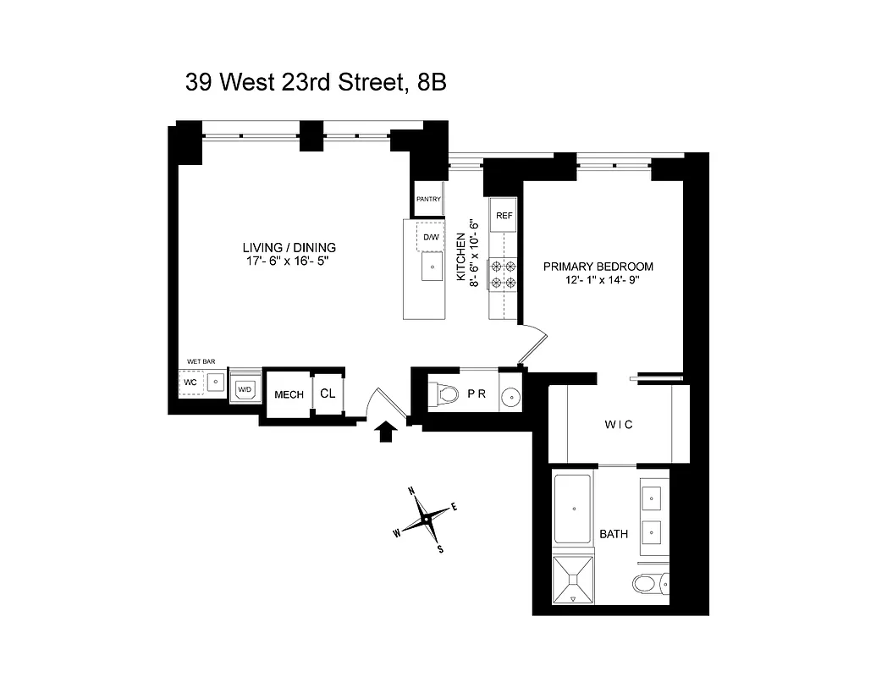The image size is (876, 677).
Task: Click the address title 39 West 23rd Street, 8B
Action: (316, 82)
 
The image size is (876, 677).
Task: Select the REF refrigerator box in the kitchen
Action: (504, 216)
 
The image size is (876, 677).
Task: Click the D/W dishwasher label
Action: (432, 236)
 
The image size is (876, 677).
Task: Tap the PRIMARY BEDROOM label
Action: (598, 266)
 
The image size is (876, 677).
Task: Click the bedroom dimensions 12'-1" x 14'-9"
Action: (602, 280)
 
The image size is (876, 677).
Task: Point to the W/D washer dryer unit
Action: (245, 389)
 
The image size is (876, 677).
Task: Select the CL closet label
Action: (328, 394)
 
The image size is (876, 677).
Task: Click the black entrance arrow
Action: (386, 432)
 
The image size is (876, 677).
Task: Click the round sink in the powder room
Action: (510, 397)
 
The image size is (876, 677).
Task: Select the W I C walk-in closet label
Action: (619, 424)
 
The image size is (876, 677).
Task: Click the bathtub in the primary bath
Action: (574, 509)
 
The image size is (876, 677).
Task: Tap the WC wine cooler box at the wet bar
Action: (190, 383)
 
